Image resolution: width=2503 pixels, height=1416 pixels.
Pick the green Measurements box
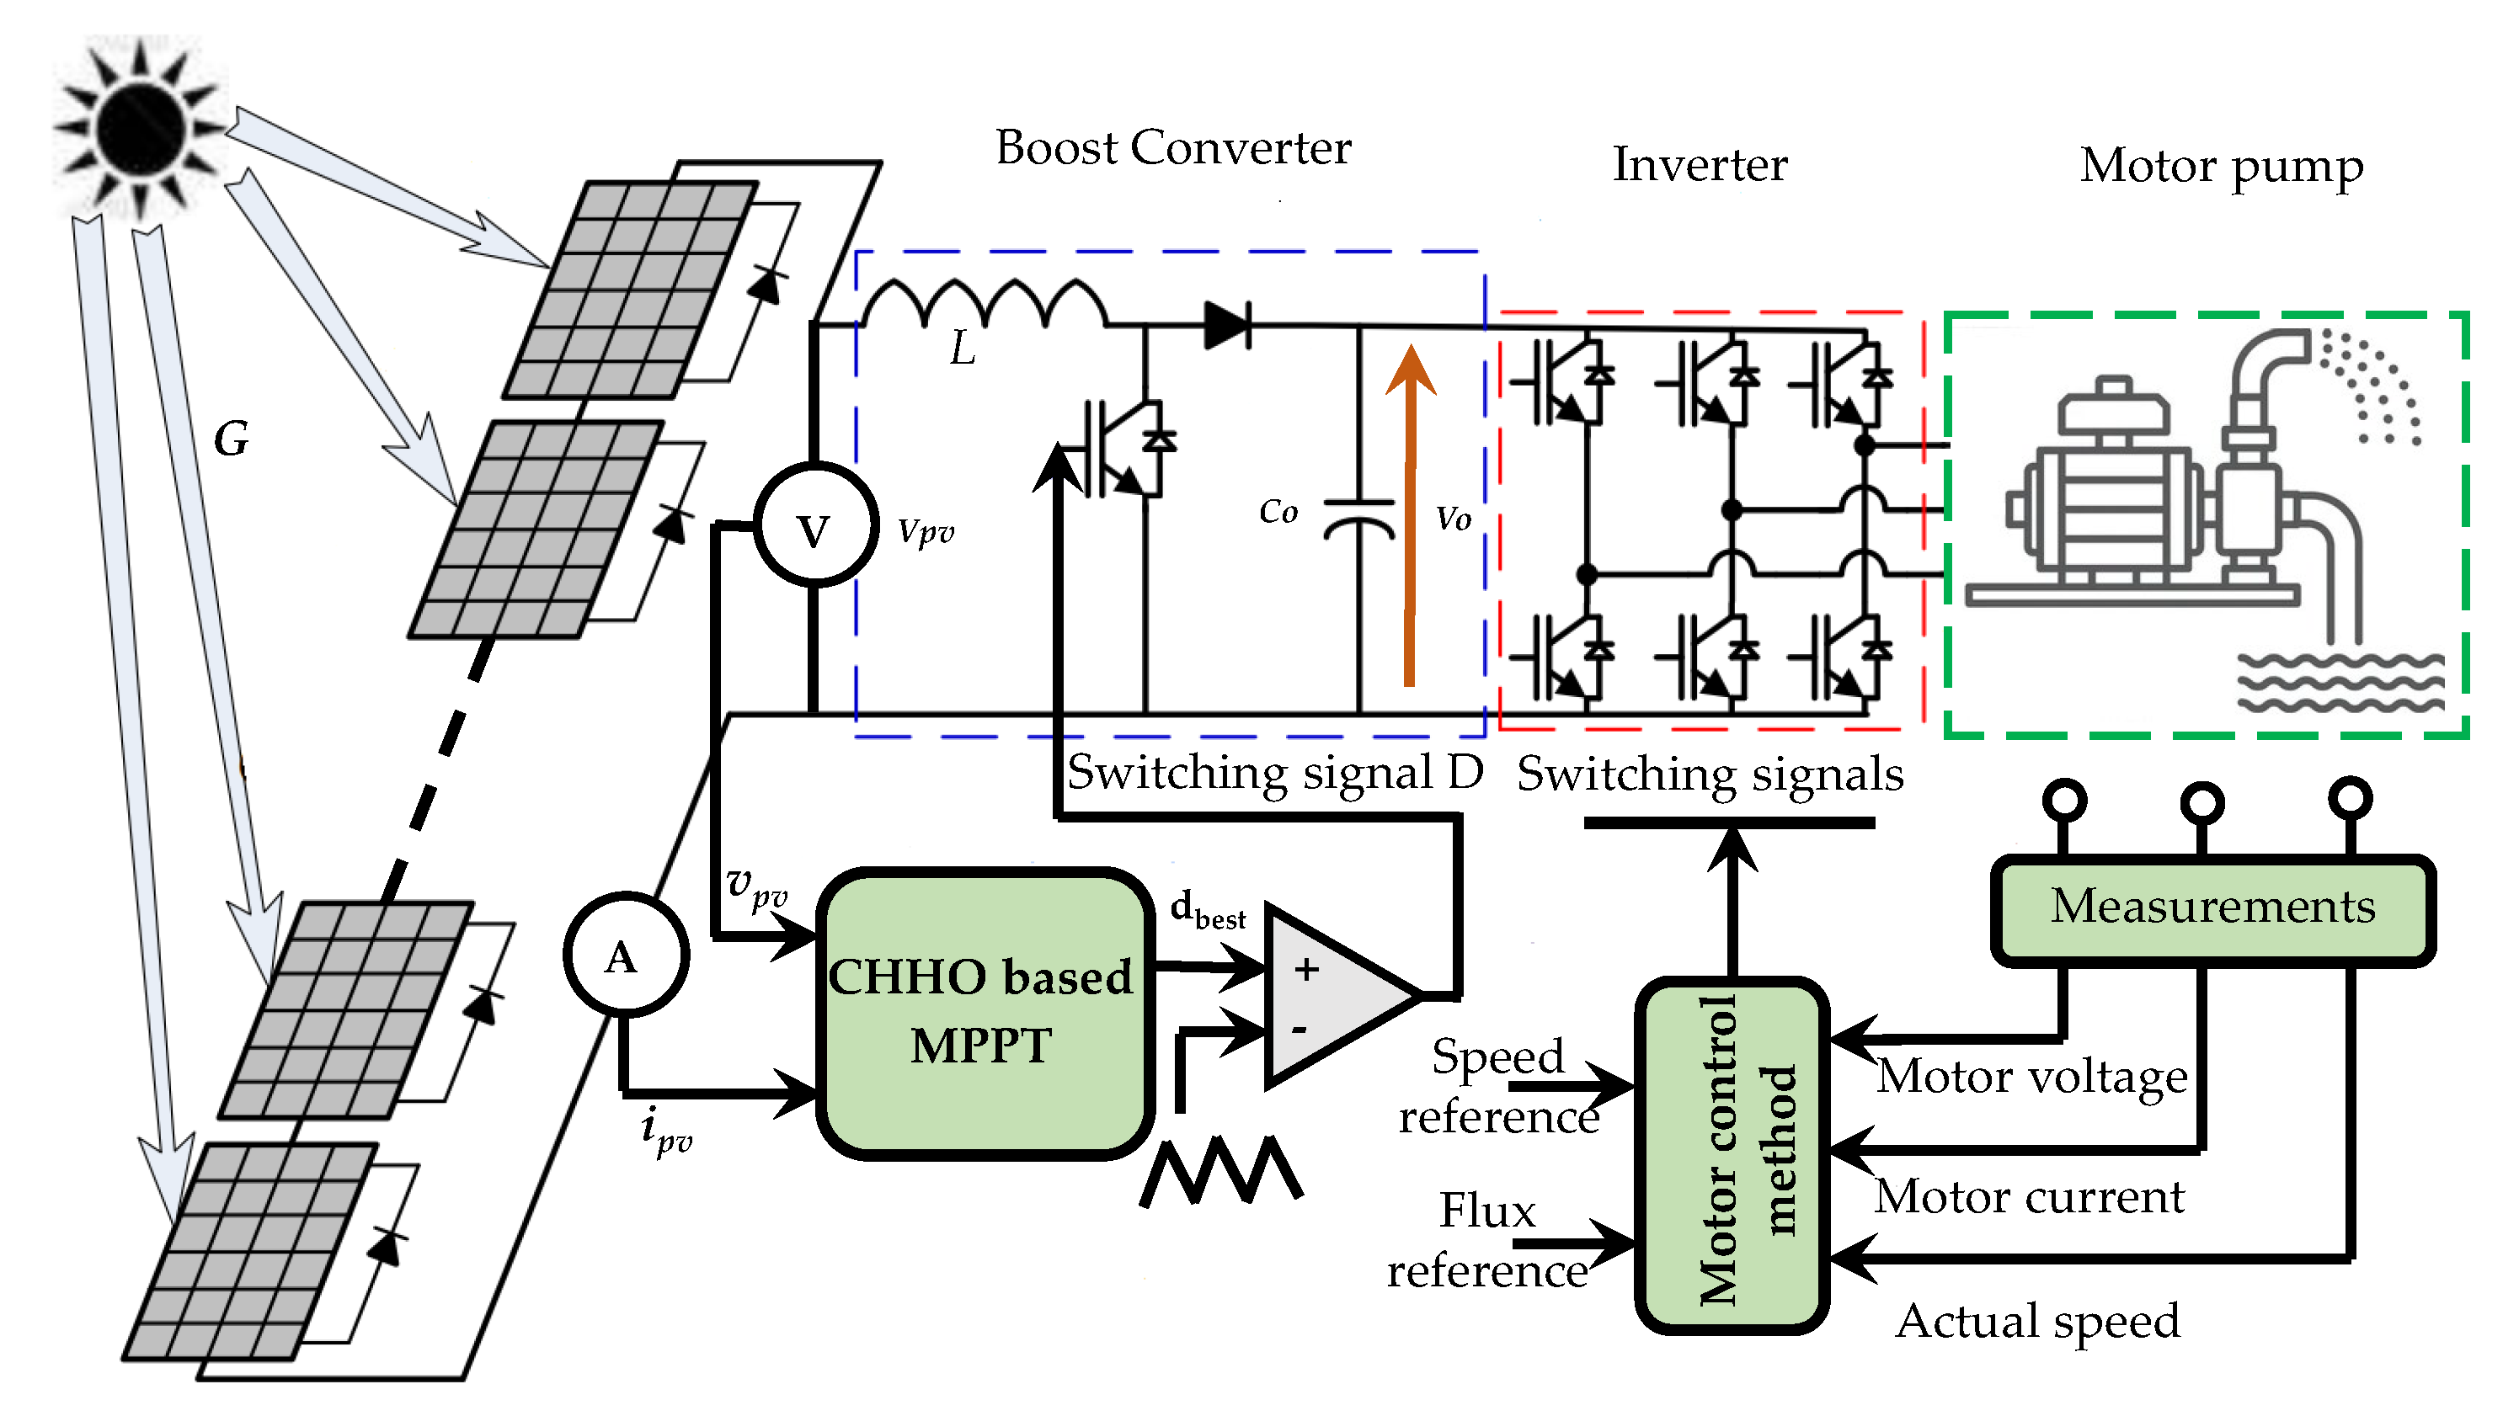tap(2212, 908)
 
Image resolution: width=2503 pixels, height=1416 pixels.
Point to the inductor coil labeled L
tap(985, 301)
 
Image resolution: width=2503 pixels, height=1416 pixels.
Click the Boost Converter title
tap(1172, 148)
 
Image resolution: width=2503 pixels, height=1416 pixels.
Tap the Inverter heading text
tap(1699, 164)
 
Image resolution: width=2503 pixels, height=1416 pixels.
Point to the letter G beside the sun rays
tap(232, 439)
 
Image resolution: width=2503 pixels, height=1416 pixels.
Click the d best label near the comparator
tap(1207, 910)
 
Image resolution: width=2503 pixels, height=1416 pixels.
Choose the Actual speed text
tap(2037, 1321)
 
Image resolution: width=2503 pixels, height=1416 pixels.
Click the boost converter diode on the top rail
tap(1228, 324)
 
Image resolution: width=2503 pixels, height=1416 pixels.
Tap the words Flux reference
tap(1487, 1241)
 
